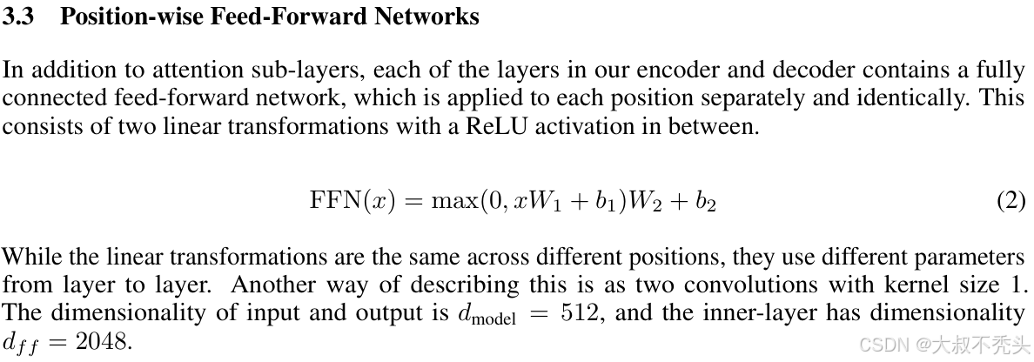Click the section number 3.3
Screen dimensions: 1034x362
coord(18,17)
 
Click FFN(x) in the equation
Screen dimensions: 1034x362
coord(352,201)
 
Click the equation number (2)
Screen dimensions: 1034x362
coord(1011,201)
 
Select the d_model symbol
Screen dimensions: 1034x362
coord(487,314)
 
